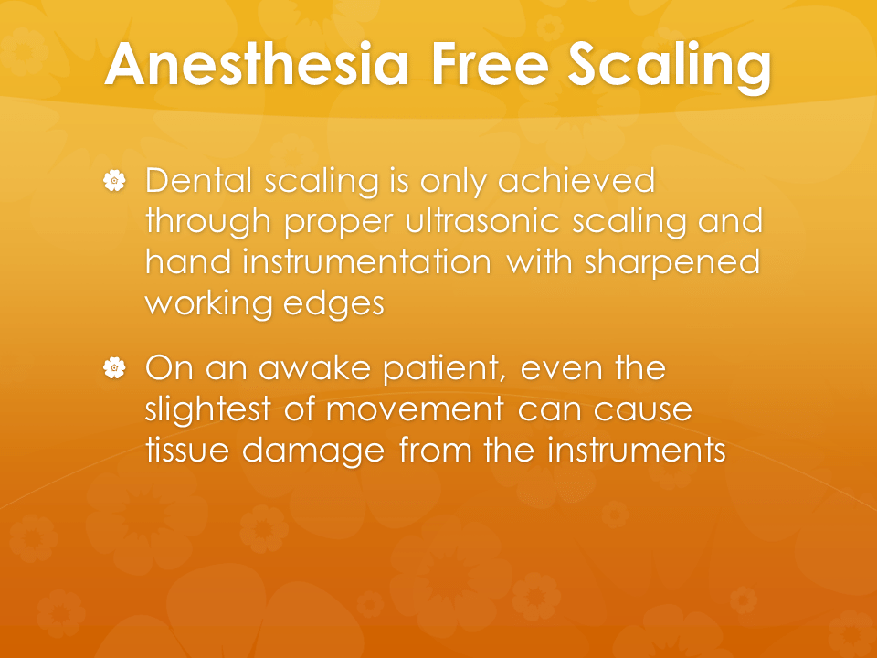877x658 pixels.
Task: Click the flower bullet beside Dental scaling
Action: point(115,181)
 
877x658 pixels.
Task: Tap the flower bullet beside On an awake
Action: point(115,368)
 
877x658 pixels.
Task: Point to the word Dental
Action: point(198,180)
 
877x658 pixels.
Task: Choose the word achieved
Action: point(576,180)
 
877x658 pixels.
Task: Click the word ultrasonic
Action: point(482,220)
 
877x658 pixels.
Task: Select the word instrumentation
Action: point(367,261)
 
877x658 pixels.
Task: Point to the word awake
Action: point(315,367)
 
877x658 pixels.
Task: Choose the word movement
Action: point(415,410)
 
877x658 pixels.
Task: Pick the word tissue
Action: point(187,450)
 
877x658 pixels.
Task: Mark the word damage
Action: point(313,452)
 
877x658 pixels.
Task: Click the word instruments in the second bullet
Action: point(636,450)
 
